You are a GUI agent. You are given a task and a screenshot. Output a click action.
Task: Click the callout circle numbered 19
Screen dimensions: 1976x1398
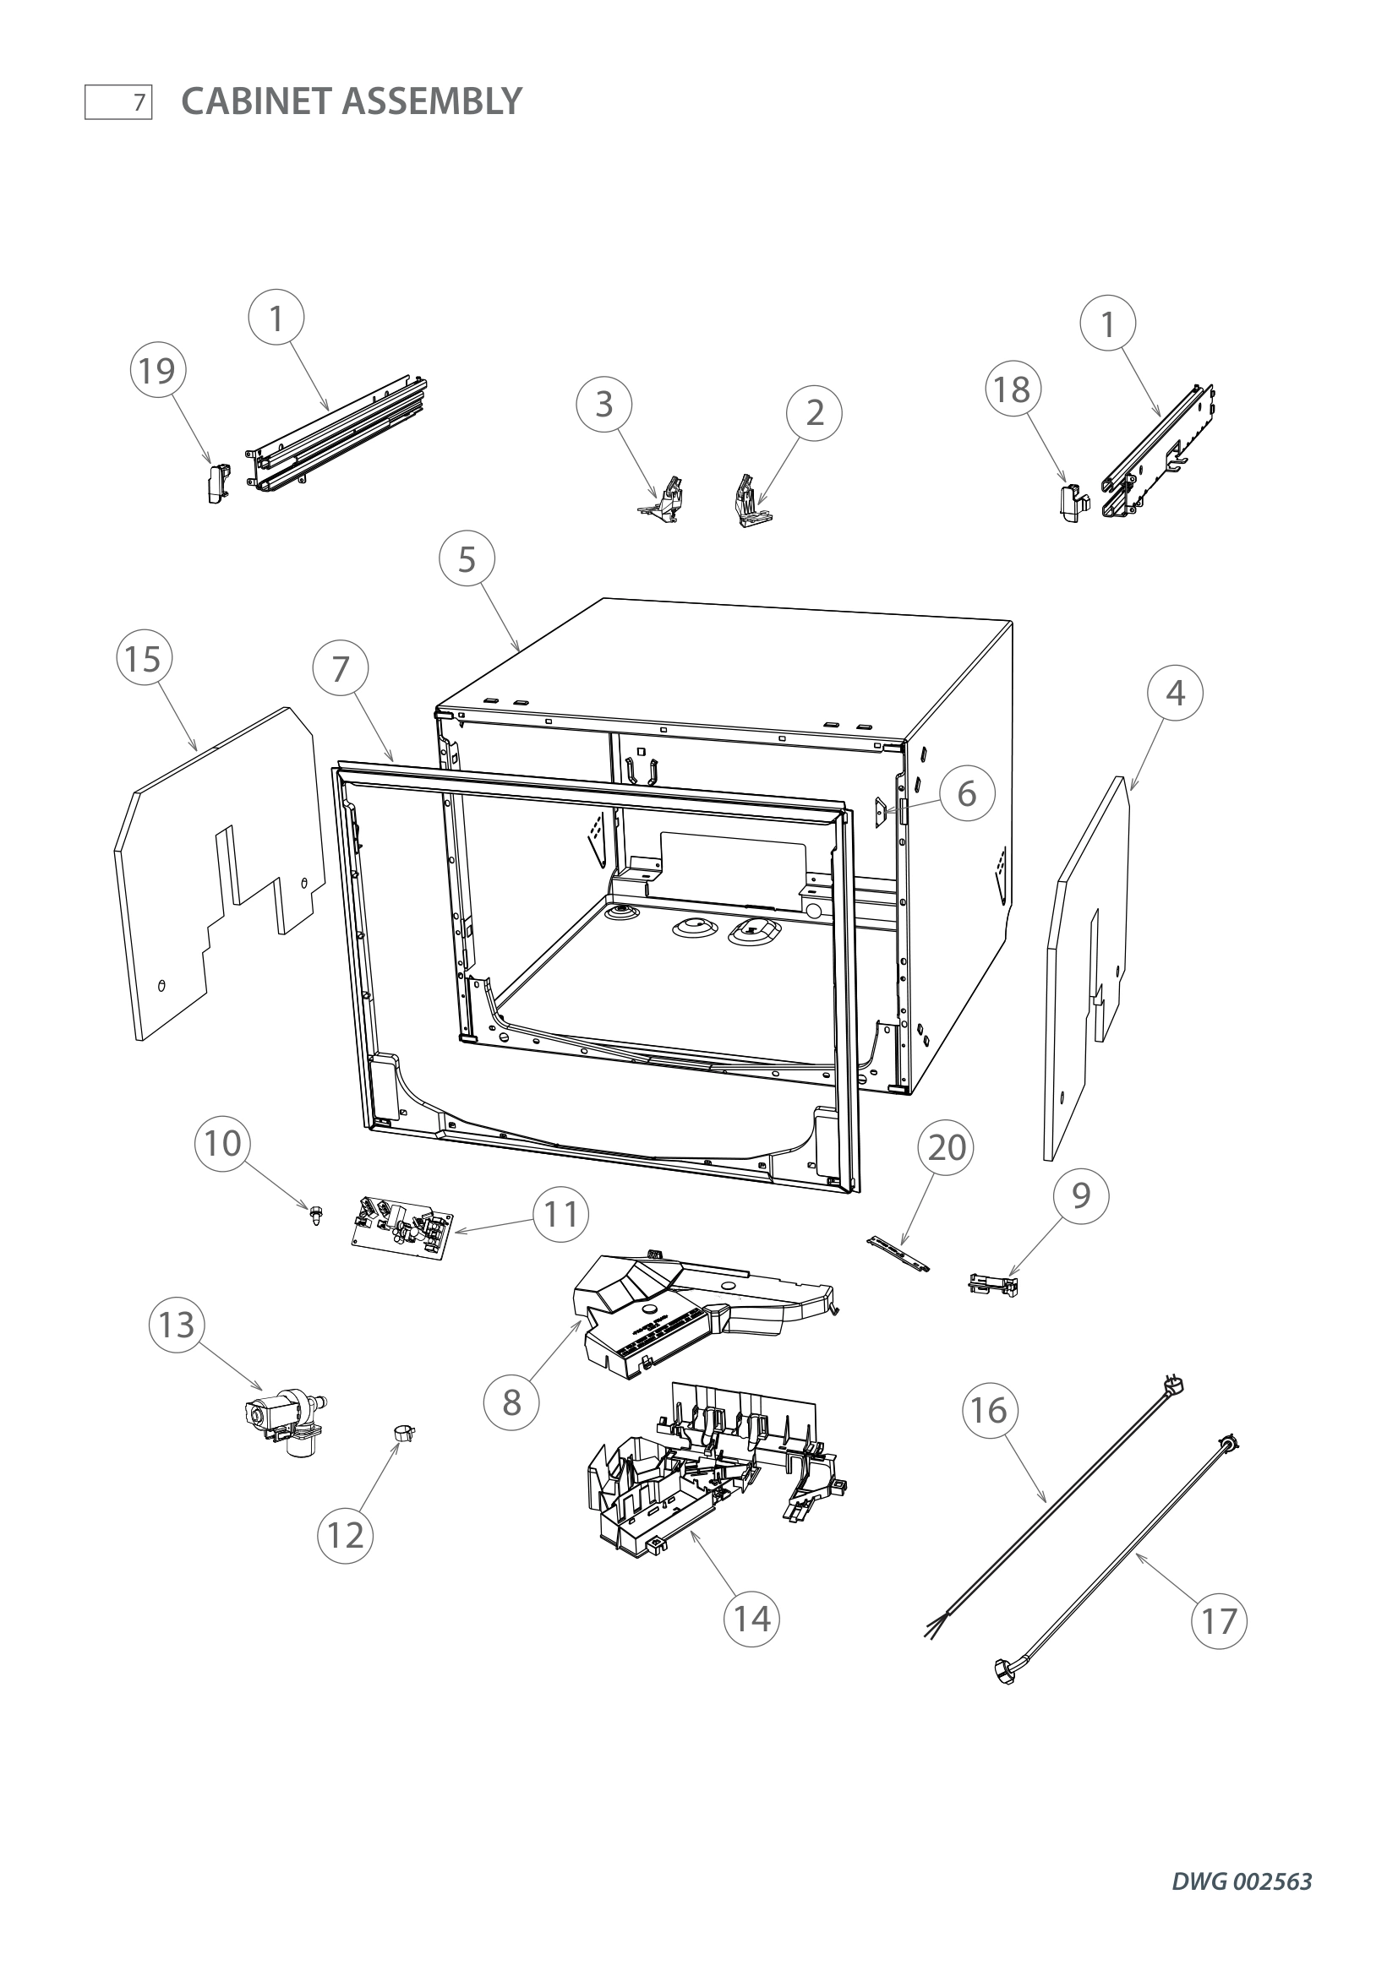pos(157,372)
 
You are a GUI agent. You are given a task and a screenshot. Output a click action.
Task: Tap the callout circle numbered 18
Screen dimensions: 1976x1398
pos(1013,389)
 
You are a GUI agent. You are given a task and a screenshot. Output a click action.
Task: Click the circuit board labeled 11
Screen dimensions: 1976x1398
pos(402,1223)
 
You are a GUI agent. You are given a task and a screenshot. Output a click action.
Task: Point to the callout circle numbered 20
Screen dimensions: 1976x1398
pos(946,1147)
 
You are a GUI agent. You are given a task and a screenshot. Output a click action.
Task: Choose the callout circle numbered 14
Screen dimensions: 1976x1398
pos(751,1619)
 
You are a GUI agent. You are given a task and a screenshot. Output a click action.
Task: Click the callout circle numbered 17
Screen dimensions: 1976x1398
pos(1218,1620)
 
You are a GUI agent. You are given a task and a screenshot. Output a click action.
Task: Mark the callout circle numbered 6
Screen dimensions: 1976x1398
pos(967,793)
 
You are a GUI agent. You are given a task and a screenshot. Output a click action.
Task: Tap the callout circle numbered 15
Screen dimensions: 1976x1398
pos(144,659)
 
